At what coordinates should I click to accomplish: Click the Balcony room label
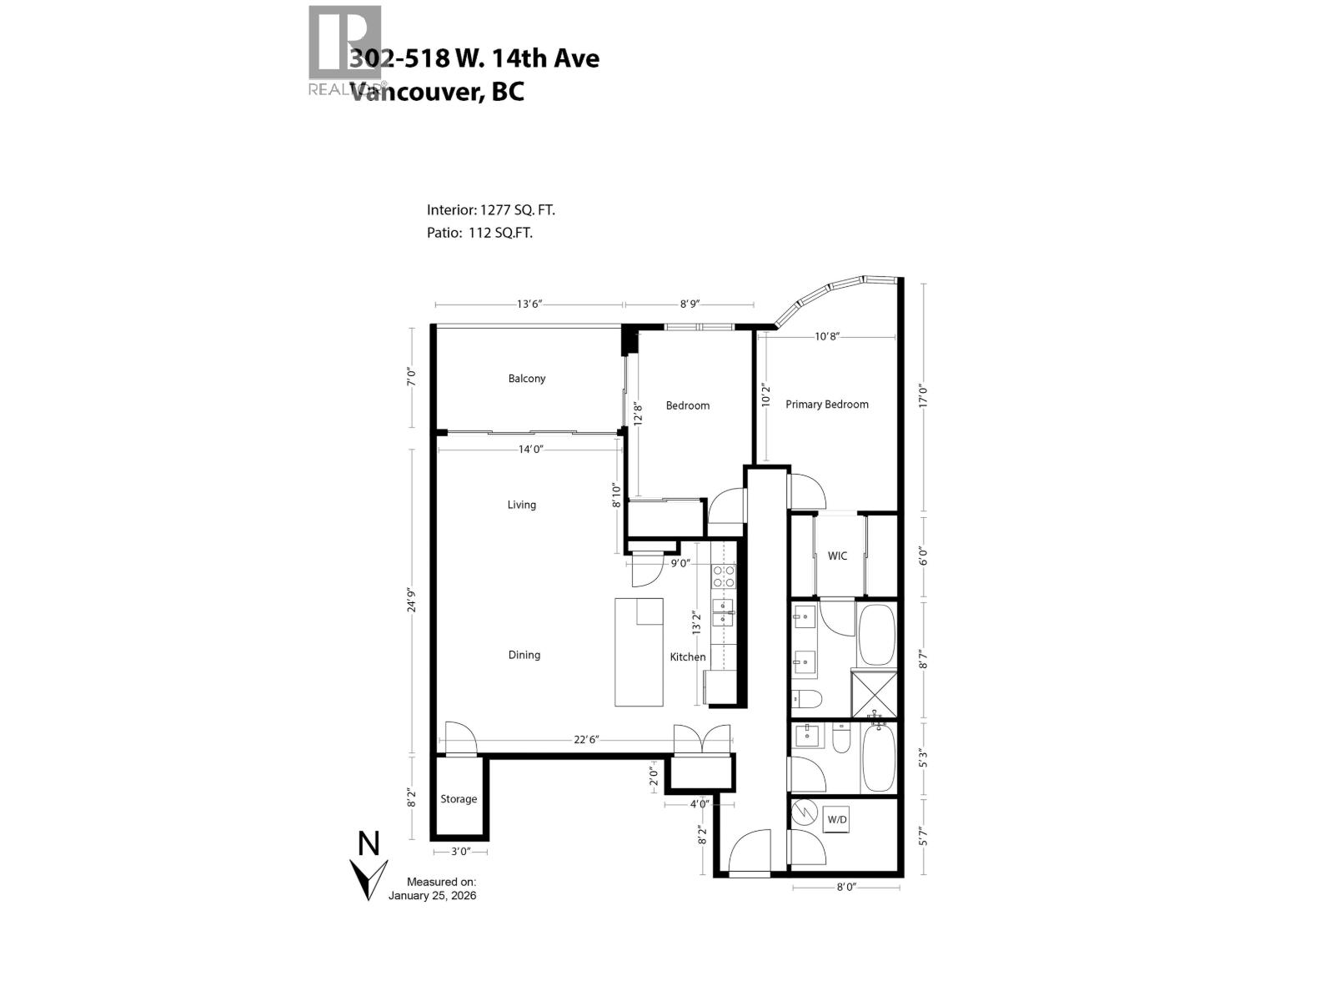(x=527, y=379)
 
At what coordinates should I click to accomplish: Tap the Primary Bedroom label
(x=826, y=405)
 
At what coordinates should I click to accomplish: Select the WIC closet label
(x=837, y=556)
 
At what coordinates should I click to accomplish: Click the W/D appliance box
(x=836, y=820)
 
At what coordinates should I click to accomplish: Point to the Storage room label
(x=459, y=799)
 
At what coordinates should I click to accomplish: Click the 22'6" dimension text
(x=586, y=740)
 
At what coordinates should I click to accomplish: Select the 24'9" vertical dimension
(x=411, y=601)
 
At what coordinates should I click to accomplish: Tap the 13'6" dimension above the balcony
(x=529, y=304)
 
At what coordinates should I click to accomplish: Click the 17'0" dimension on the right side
(x=922, y=395)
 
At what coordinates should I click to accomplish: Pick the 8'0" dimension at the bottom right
(x=845, y=888)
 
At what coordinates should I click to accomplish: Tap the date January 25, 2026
(x=432, y=896)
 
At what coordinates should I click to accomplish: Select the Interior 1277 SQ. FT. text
(x=490, y=210)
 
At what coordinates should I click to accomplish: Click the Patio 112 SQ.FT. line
(x=479, y=233)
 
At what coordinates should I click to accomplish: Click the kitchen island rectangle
(x=639, y=652)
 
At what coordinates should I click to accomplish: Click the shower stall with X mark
(x=874, y=693)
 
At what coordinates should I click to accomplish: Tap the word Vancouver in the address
(x=414, y=91)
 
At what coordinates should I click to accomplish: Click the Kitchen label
(x=688, y=657)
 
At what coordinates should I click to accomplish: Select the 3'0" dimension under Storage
(x=459, y=852)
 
